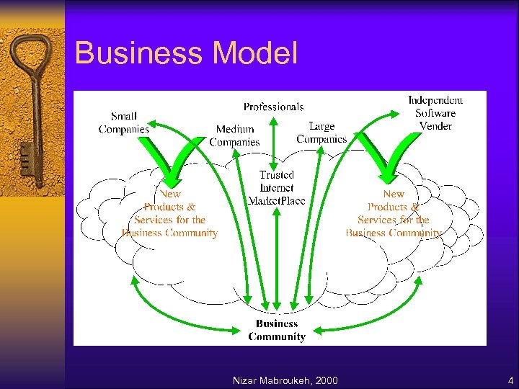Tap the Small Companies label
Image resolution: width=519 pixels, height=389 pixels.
click(x=124, y=122)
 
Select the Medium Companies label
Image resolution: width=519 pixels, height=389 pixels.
click(x=234, y=135)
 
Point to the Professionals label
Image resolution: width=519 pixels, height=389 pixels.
click(x=273, y=107)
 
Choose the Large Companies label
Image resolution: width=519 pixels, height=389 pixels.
click(x=321, y=133)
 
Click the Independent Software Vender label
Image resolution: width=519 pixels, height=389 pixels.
click(x=435, y=113)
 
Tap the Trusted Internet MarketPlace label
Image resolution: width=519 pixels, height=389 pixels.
click(x=277, y=187)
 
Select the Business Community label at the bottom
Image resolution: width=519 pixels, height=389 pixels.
click(x=277, y=330)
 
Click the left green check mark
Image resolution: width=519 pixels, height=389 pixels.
click(x=173, y=155)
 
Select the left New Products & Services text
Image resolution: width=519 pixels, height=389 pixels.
click(x=170, y=213)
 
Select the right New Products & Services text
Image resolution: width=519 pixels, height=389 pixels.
click(x=393, y=213)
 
